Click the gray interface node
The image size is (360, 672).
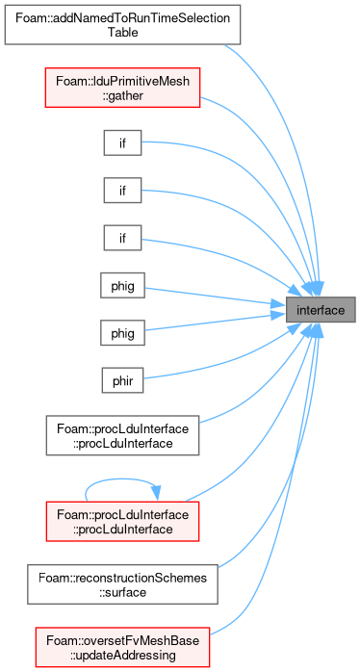click(321, 309)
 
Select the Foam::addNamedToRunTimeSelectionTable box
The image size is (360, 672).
click(122, 25)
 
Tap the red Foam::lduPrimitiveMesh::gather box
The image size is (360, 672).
click(122, 88)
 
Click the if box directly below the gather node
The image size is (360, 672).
click(122, 142)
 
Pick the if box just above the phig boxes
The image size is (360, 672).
click(122, 238)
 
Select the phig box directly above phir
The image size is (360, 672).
click(122, 332)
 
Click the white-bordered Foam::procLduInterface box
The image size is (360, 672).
click(122, 435)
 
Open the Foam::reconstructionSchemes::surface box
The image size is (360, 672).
click(122, 584)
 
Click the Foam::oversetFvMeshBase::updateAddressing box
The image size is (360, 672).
click(122, 648)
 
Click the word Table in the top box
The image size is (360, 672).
click(122, 32)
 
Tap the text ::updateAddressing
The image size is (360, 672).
click(122, 655)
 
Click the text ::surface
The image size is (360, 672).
click(122, 592)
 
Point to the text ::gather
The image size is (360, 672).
click(122, 94)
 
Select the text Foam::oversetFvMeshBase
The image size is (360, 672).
click(122, 641)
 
